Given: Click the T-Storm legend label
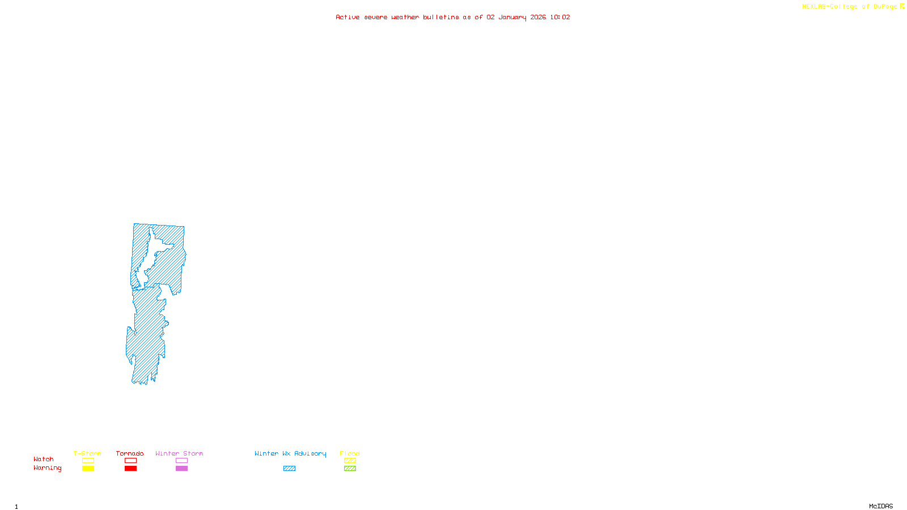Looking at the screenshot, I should (87, 453).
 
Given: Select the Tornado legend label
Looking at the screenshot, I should (130, 453).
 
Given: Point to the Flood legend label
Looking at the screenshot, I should (350, 453).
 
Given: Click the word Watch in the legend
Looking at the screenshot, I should (44, 459).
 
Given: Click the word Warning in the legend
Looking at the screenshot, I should (48, 468).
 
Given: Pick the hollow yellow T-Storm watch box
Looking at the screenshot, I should (88, 461).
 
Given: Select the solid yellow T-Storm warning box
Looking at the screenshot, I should (88, 469).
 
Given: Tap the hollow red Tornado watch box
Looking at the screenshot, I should (130, 461).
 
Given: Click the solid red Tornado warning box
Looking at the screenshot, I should (130, 469).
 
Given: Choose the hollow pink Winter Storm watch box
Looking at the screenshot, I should (181, 461).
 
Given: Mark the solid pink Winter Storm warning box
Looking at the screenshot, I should (181, 469).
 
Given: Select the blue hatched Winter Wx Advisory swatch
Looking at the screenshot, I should (289, 469).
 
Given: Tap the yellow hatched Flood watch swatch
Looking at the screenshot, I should (350, 461).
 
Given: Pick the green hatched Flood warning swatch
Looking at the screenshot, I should (350, 469).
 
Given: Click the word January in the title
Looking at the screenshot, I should (512, 18).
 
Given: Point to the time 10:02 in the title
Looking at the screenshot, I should (560, 18).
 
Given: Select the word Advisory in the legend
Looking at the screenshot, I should (310, 454).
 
